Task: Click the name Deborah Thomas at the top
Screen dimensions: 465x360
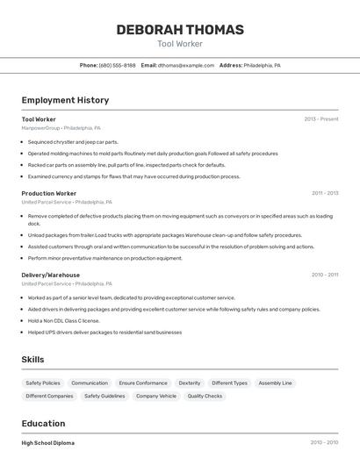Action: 180,30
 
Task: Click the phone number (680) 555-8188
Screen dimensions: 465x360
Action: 117,65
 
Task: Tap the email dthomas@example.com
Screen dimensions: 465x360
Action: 186,65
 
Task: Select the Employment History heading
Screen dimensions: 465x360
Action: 65,100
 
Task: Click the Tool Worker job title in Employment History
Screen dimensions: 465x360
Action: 39,119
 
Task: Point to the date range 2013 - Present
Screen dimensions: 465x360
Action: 320,119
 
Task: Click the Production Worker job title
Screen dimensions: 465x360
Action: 49,193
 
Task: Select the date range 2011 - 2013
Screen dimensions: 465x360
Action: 324,193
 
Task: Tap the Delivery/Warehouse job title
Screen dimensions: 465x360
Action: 51,275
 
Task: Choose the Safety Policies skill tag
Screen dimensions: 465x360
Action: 43,383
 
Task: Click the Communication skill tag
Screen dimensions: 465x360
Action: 90,383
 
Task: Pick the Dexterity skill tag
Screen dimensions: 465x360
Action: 190,383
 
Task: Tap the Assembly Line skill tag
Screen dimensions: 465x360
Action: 275,383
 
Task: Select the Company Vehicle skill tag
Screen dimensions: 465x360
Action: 156,396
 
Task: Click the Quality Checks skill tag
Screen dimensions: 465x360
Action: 205,396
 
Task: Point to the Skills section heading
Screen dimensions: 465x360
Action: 33,360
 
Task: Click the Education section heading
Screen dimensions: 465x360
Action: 43,423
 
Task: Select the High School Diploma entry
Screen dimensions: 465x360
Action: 48,443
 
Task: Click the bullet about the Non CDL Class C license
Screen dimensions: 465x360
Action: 65,320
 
